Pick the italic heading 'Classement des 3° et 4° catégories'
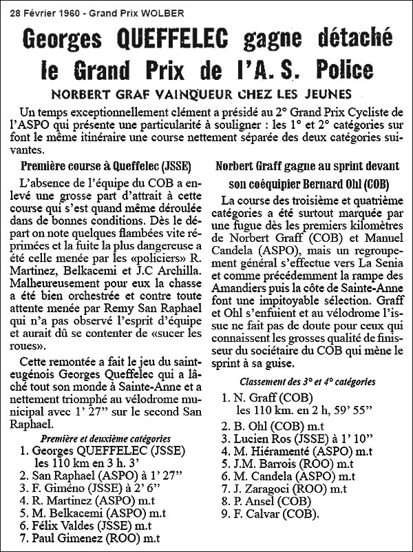coord(306,380)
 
